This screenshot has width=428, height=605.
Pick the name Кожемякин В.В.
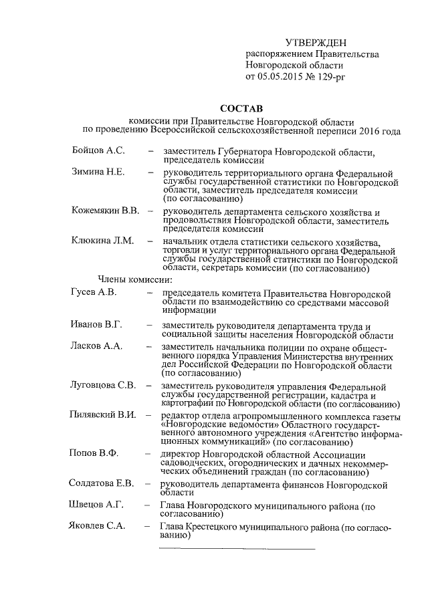coord(105,211)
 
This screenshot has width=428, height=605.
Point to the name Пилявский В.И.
coord(103,415)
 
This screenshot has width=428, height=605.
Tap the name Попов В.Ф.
coord(94,453)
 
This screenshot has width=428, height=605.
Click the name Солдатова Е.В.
coord(103,483)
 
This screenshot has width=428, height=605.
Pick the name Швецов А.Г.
coord(98,505)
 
